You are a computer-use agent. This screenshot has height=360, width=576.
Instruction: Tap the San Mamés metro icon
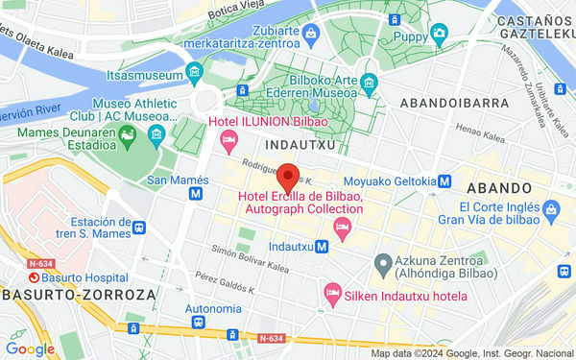pyautogui.click(x=195, y=193)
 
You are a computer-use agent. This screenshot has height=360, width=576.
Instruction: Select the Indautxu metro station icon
pyautogui.click(x=324, y=246)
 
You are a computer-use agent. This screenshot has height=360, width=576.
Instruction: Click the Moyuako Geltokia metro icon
pyautogui.click(x=445, y=180)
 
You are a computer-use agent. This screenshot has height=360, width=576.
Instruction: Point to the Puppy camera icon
pyautogui.click(x=439, y=35)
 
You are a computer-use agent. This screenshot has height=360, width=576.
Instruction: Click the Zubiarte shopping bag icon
pyautogui.click(x=310, y=36)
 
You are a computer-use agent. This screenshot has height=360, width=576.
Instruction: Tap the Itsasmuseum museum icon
pyautogui.click(x=195, y=72)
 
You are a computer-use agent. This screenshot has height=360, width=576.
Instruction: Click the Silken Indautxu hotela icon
pyautogui.click(x=332, y=290)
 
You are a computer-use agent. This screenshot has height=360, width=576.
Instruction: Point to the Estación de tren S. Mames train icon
pyautogui.click(x=140, y=228)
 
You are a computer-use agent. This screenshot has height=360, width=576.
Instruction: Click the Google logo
pyautogui.click(x=29, y=349)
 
